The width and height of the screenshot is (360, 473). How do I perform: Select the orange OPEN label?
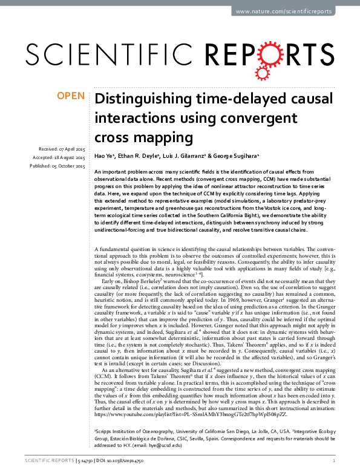(x=71, y=96)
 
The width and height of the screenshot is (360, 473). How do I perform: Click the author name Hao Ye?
(x=106, y=156)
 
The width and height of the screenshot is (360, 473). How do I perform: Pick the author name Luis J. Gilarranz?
(x=190, y=156)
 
